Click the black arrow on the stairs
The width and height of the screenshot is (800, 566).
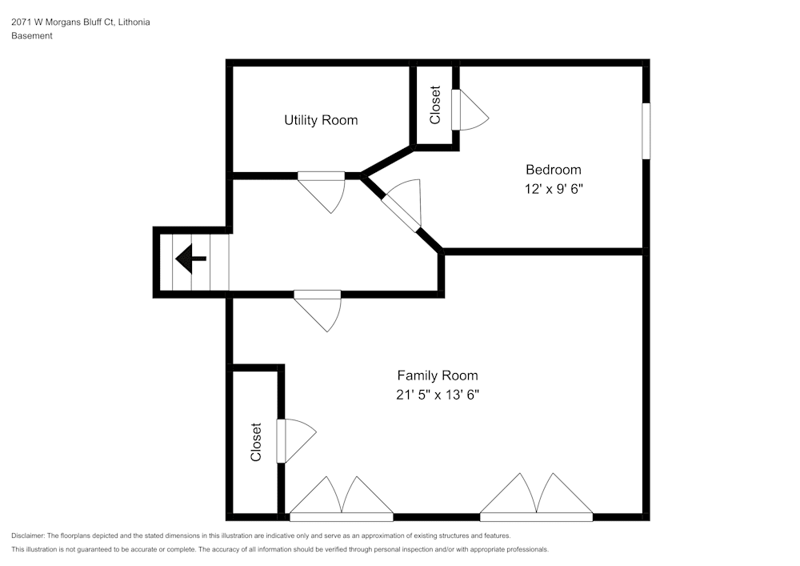pos(191,259)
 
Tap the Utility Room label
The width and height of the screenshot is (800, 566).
pos(321,120)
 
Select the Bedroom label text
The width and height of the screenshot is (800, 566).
pos(553,170)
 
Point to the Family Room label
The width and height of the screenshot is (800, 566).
pos(438,375)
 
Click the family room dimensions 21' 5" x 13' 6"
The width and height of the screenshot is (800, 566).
pos(438,395)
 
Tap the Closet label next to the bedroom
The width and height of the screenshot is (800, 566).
pos(435,105)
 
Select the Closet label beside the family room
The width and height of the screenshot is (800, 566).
pos(256,442)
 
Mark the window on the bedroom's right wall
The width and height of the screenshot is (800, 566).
pos(646,130)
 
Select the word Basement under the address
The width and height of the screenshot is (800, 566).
pos(32,36)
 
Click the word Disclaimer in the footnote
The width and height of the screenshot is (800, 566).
pos(28,536)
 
